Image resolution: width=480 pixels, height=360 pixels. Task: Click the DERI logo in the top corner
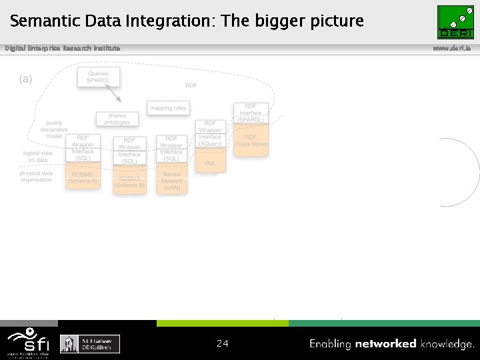pos(455,21)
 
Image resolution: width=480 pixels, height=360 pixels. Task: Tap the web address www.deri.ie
pos(455,48)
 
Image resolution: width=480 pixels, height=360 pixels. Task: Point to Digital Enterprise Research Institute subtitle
pos(63,48)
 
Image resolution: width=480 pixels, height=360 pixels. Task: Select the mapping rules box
pos(168,107)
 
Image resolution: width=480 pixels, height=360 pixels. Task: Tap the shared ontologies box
pos(117,119)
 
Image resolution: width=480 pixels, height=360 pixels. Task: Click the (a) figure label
pos(25,79)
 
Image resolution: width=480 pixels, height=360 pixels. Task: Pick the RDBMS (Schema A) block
pos(83,178)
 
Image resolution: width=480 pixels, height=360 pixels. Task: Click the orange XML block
pos(210,162)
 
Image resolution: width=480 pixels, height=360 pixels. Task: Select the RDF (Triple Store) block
pos(251,141)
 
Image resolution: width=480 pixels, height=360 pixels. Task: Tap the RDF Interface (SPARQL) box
pos(251,113)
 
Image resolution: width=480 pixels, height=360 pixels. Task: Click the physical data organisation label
pos(36,177)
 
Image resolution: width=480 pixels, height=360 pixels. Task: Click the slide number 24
pos(223,344)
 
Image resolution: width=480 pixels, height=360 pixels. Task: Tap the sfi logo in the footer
pos(28,342)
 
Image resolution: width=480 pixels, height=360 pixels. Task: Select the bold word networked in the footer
pos(386,344)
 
